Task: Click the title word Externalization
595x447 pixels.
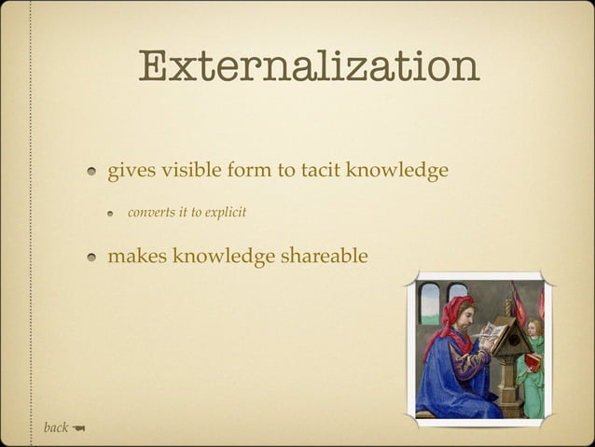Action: point(309,67)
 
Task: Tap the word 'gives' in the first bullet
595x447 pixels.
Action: point(131,172)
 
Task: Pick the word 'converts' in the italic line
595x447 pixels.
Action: point(150,213)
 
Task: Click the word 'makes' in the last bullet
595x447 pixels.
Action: point(136,255)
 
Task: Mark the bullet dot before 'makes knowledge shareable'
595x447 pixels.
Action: point(94,257)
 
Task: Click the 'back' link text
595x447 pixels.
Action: point(56,427)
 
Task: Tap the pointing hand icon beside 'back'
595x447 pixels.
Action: point(78,428)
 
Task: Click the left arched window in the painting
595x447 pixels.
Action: point(429,303)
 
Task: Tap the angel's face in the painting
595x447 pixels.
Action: point(534,328)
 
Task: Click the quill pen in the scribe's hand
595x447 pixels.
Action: point(479,334)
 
